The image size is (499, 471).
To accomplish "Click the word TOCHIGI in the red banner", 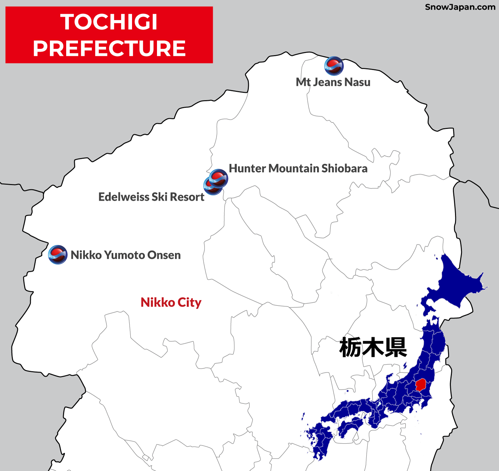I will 109,22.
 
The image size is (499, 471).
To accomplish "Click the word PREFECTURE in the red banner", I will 109,48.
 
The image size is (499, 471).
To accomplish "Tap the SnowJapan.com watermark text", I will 460,7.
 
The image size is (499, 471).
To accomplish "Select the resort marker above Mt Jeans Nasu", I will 334,66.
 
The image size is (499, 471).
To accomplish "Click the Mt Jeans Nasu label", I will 333,82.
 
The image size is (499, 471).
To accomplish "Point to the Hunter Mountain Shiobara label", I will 298,168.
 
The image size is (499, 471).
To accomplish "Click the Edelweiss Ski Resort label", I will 151,197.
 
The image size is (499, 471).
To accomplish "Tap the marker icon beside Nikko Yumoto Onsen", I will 58,255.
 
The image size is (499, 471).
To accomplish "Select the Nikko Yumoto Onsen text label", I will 125,255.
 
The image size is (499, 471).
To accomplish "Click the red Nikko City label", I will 171,302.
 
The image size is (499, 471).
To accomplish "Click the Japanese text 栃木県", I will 373,347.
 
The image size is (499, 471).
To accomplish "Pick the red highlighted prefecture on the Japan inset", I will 420,384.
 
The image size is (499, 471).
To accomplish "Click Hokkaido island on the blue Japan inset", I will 454,284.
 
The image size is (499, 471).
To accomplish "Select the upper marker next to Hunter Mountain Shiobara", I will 219,178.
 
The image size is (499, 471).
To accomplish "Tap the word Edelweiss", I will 124,197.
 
